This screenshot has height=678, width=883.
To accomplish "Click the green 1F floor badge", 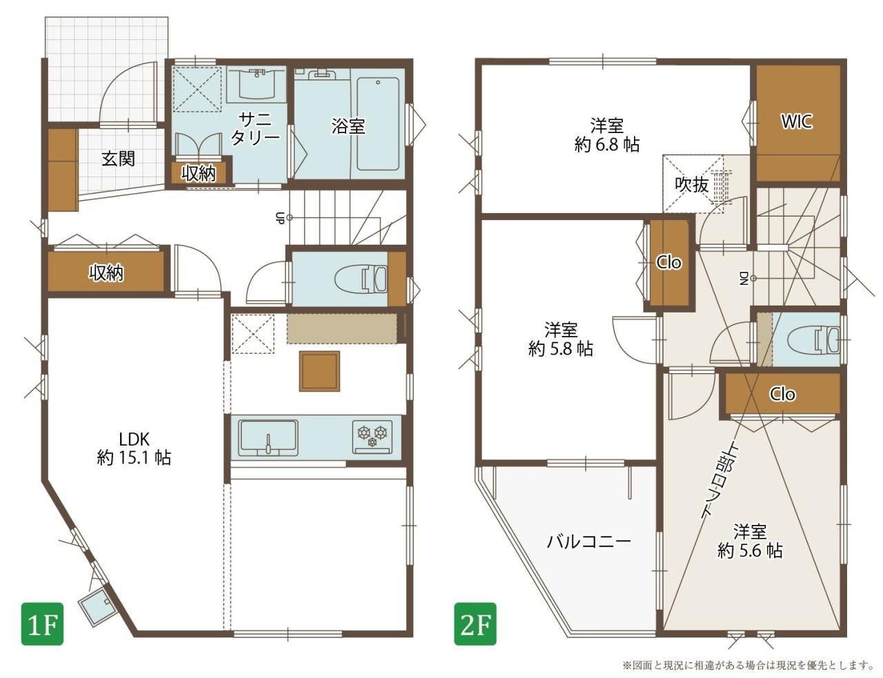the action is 42,624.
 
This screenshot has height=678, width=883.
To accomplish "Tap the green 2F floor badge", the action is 475,624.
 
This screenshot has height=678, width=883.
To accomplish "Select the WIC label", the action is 797,121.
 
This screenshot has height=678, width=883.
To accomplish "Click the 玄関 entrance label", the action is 118,159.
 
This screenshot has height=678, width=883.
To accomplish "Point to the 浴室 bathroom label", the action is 348,126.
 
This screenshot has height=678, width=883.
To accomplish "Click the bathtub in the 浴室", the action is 378,123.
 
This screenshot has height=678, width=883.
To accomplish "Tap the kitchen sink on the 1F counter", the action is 268,437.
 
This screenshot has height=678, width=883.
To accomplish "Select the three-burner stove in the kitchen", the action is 373,437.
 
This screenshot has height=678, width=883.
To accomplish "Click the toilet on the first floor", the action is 361,279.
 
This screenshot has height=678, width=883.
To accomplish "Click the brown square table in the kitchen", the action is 319,371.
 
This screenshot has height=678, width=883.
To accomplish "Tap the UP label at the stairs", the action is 279,218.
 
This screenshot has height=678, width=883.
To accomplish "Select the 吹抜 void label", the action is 692,185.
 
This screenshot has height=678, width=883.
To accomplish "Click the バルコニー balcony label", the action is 589,541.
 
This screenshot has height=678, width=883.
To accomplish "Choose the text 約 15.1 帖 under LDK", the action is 134,458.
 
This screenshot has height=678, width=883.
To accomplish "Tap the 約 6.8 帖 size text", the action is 606,145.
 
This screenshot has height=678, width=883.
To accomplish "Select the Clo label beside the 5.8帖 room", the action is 669,262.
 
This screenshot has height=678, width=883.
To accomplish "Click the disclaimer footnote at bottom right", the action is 748,666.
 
